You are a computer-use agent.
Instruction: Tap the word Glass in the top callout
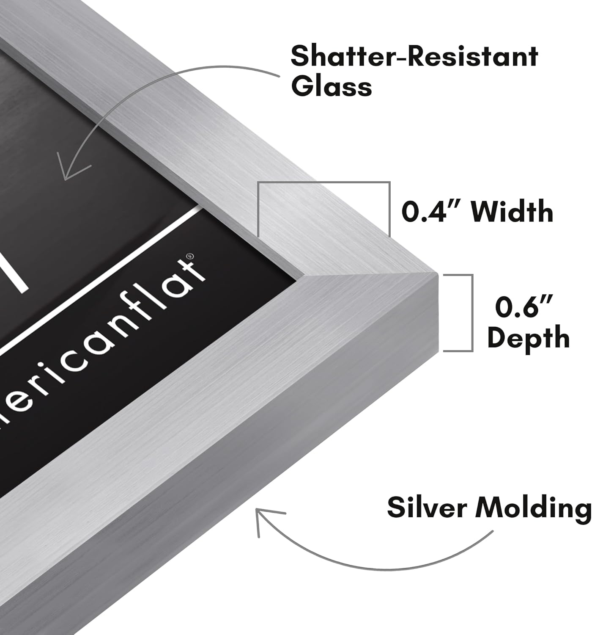click(331, 87)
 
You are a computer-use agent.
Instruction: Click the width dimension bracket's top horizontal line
click(323, 183)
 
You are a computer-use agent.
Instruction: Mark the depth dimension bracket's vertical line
click(471, 312)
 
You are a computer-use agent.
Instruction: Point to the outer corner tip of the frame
click(436, 274)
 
